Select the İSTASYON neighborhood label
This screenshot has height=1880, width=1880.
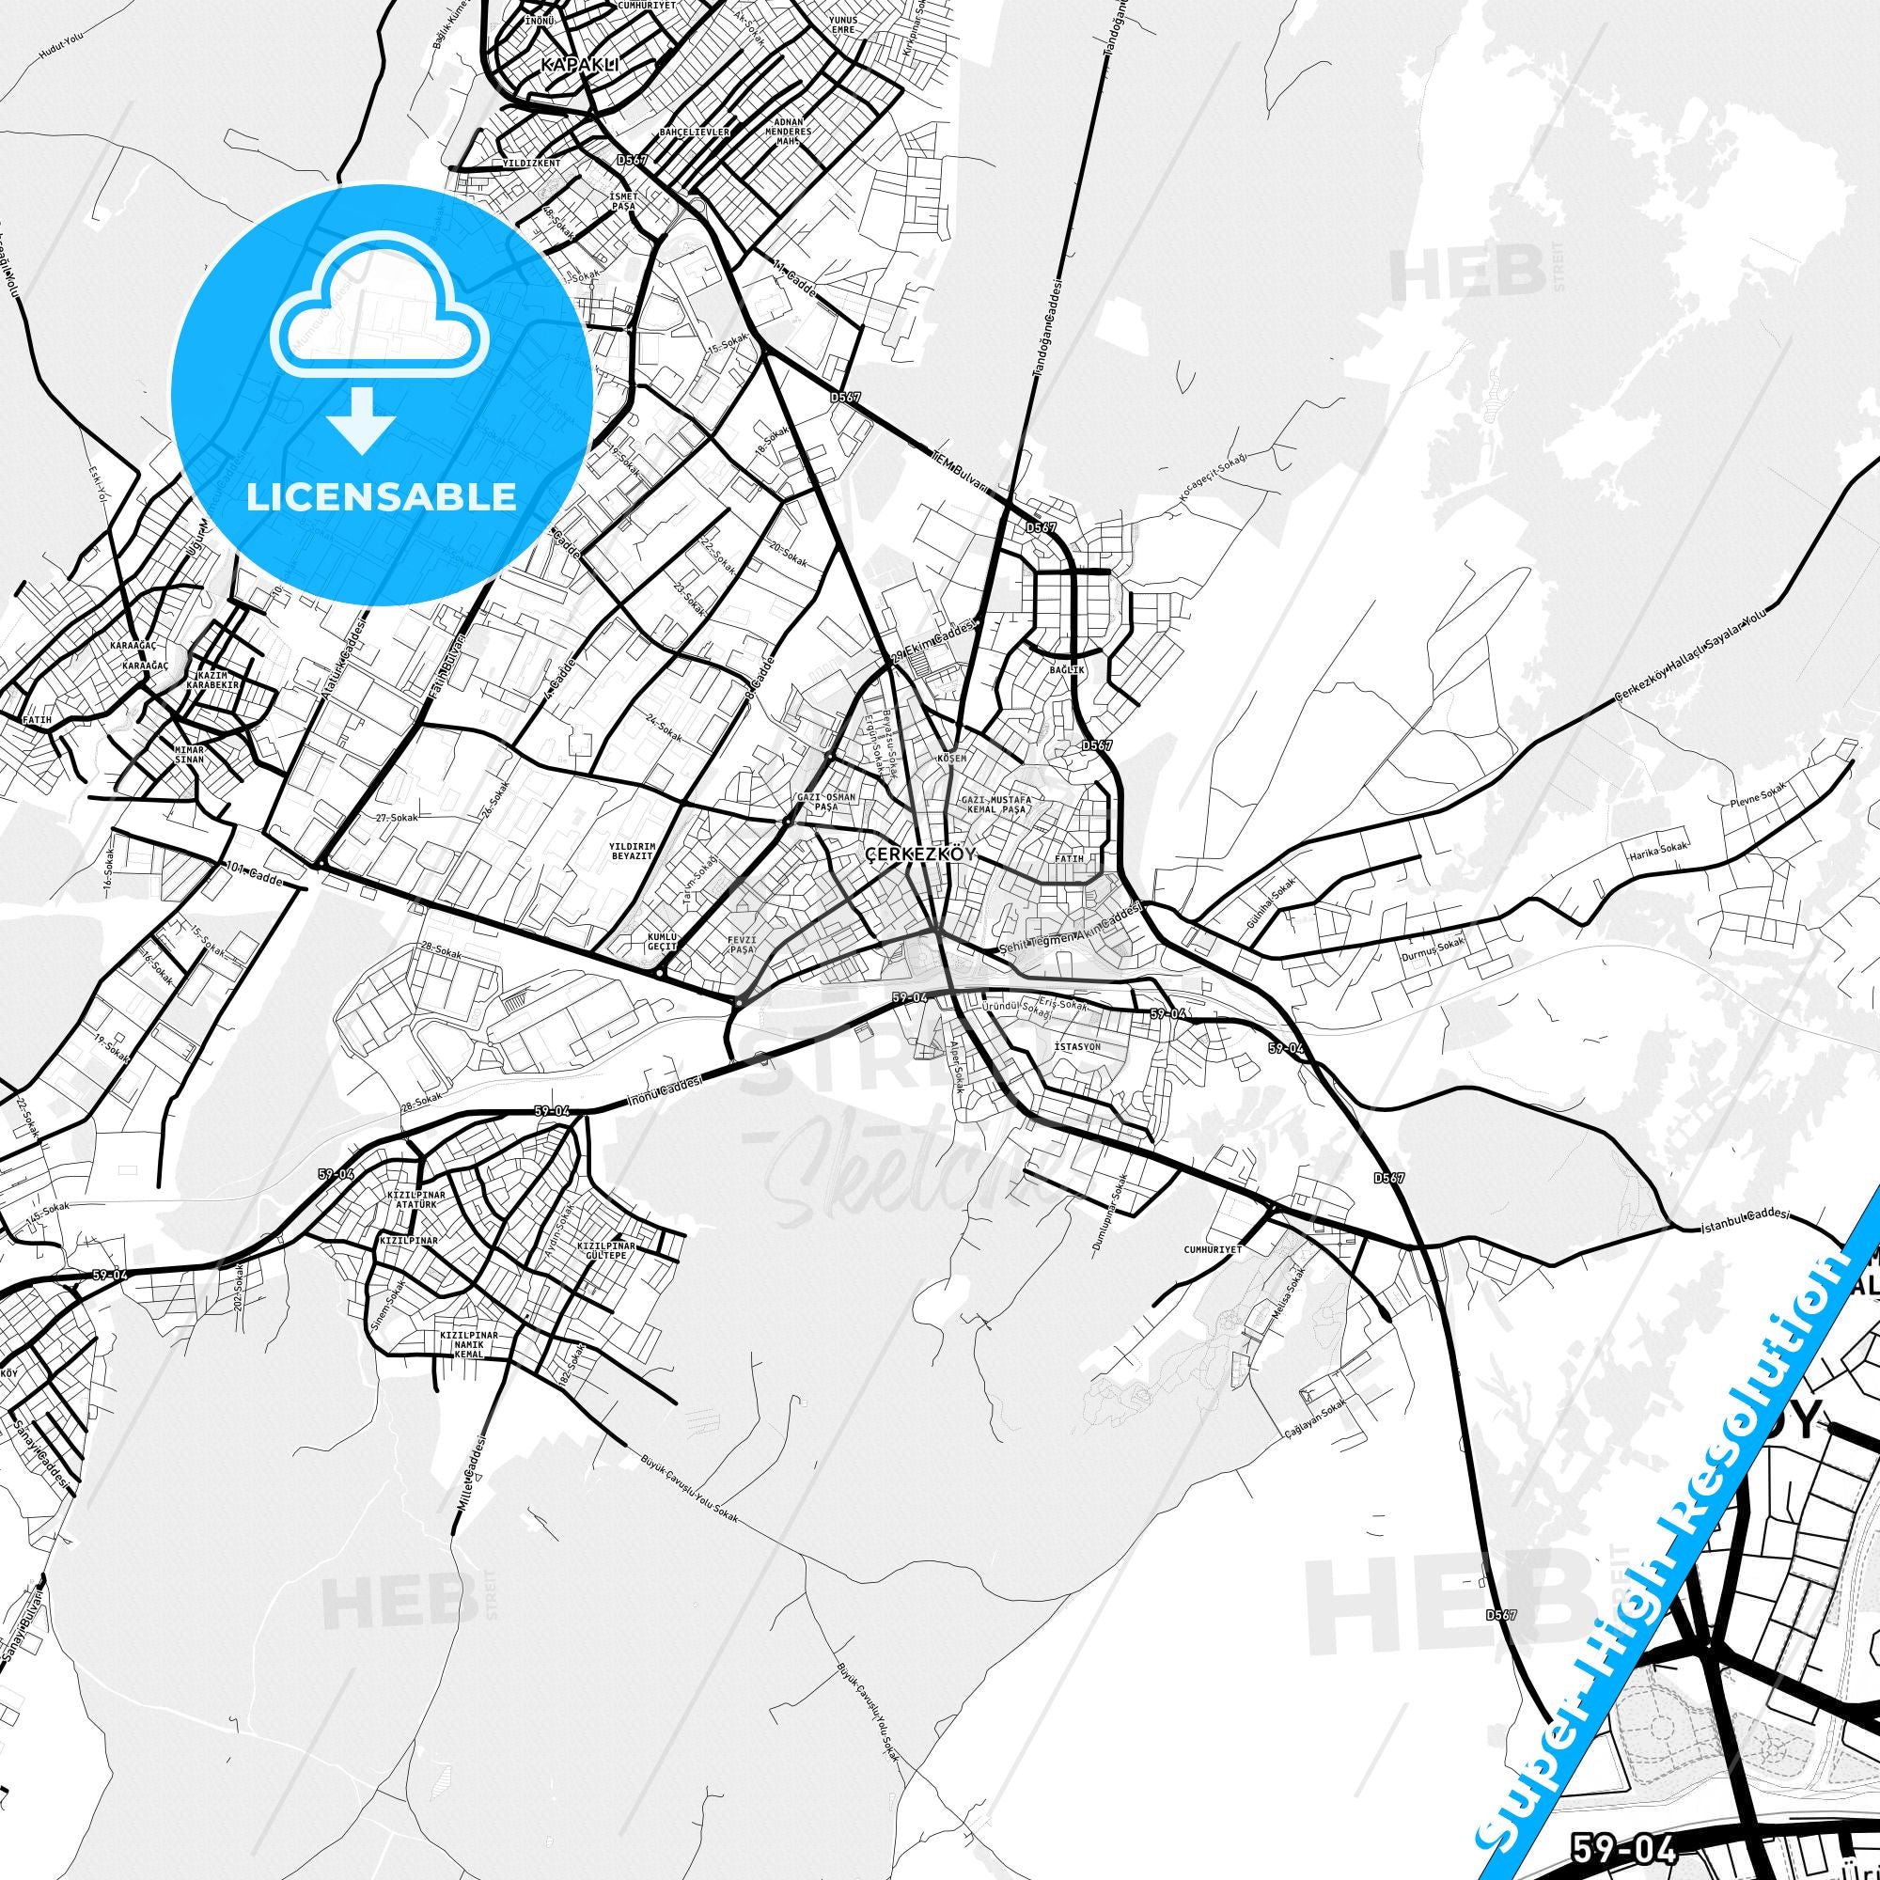[x=1076, y=1046]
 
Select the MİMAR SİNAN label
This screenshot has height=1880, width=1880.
[x=189, y=757]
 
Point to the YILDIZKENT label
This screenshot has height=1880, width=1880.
[x=531, y=164]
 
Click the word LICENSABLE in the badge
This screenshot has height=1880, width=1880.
[x=381, y=496]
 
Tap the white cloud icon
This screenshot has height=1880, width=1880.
[x=382, y=308]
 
